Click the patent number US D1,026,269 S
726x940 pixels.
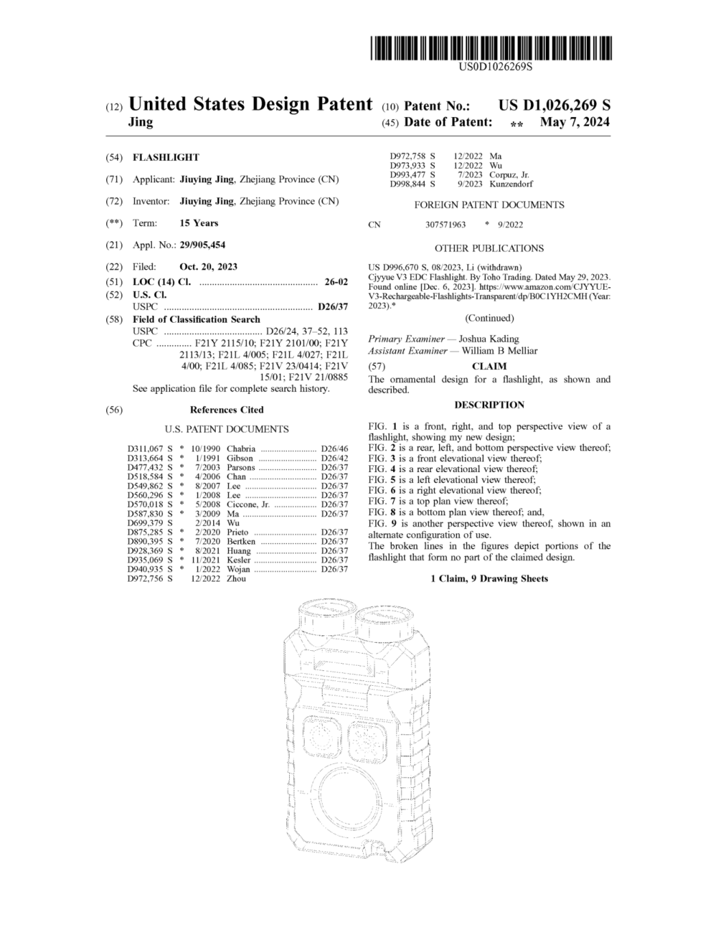click(554, 106)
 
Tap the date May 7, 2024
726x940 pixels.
click(575, 122)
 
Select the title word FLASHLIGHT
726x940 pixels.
click(166, 157)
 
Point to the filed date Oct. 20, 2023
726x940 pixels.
click(208, 266)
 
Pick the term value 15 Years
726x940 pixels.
click(199, 223)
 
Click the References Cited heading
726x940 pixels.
click(227, 409)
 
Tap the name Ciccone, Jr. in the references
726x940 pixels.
click(248, 504)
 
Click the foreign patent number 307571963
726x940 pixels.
click(445, 225)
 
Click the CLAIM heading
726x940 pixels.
click(489, 366)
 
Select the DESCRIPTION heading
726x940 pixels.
click(489, 405)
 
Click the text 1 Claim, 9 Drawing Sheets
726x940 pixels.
click(489, 578)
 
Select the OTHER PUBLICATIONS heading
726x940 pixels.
click(489, 248)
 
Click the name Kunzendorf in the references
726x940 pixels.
click(511, 184)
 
